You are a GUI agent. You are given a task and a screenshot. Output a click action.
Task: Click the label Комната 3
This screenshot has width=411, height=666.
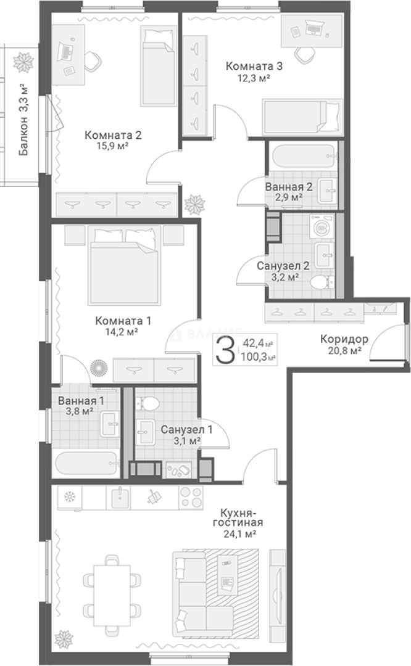pos(254,66)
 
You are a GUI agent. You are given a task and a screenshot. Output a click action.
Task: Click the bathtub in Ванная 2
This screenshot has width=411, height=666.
pos(302,157)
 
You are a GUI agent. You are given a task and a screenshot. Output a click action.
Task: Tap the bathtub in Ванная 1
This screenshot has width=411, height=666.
pos(86,464)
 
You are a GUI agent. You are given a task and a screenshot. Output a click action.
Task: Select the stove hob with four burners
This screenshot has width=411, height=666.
pos(191,497)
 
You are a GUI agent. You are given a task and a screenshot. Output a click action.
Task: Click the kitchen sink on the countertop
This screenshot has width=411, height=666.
pos(121,497)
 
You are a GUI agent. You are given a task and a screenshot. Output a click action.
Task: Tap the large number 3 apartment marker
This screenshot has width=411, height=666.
pos(225,350)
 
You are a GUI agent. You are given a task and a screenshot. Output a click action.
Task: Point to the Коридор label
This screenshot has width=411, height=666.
pos(344,339)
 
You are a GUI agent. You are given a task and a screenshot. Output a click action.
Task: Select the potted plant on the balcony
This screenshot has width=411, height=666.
pos(23,63)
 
